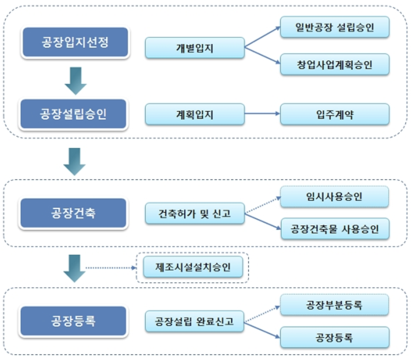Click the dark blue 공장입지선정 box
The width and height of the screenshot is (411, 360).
[75, 43]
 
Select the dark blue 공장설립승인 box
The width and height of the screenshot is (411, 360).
[73, 115]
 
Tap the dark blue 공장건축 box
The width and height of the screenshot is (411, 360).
[73, 213]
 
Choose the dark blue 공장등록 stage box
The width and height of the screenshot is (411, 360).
[73, 321]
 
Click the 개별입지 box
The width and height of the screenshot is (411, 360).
[194, 48]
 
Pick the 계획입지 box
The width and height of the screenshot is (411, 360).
[194, 114]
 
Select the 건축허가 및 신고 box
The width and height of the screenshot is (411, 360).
[194, 213]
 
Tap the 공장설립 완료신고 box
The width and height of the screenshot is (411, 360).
[194, 322]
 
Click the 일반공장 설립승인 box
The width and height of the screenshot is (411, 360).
[335, 27]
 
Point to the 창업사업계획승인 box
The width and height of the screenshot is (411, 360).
[335, 64]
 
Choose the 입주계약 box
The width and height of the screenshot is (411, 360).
[335, 114]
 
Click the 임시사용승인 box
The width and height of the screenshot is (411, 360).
[335, 197]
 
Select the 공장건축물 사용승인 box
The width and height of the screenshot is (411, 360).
[335, 229]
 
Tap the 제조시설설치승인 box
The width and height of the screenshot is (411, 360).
[193, 268]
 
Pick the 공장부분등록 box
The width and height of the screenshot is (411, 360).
[335, 305]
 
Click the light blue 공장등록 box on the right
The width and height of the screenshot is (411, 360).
[335, 337]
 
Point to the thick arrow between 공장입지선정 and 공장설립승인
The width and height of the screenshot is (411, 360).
[76, 80]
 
